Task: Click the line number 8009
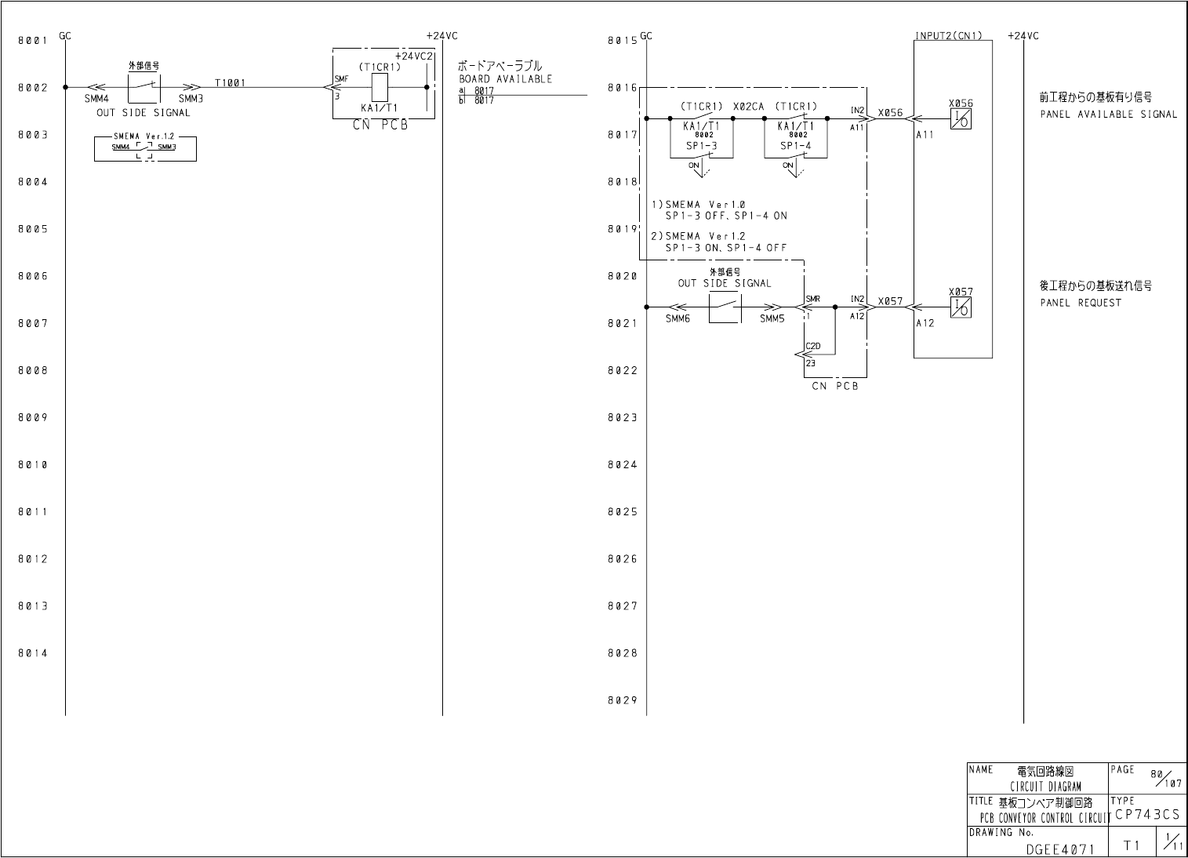tap(33, 418)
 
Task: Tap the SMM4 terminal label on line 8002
tap(96, 99)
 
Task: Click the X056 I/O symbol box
tap(961, 119)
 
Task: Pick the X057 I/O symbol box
tap(961, 307)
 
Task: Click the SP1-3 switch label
tap(700, 146)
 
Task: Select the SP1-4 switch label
tap(795, 146)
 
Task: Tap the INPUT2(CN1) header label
tap(948, 36)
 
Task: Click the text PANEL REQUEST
tap(1081, 303)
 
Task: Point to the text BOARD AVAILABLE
tap(505, 79)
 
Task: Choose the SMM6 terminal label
tap(678, 319)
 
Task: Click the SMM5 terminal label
tap(772, 319)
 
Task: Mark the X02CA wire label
tap(748, 107)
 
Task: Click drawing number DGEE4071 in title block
tap(1060, 848)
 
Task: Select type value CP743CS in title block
tap(1146, 816)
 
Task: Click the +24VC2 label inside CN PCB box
tap(413, 56)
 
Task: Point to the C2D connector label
tap(813, 346)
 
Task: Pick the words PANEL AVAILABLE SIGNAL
tap(1108, 115)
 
